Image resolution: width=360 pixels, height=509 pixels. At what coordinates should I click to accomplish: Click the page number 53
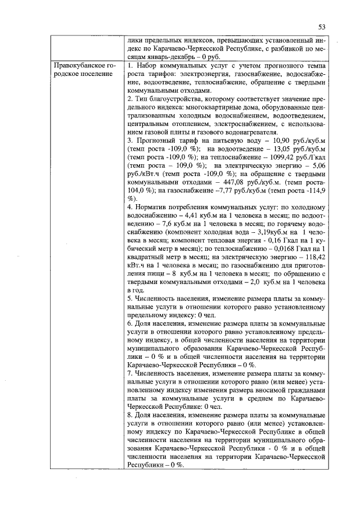[322, 26]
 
